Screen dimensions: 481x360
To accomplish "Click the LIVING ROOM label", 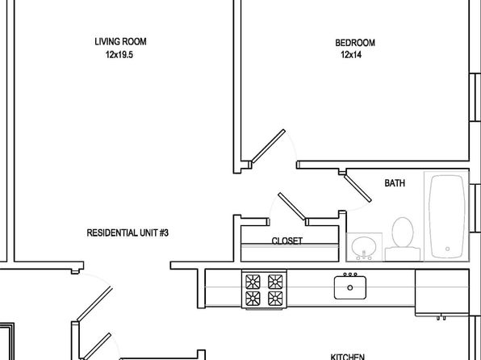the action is click(x=120, y=42).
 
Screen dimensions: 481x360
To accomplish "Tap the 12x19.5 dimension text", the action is click(x=119, y=55).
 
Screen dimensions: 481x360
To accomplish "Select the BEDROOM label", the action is click(x=355, y=43).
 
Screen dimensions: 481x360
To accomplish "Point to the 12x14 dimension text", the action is click(x=351, y=55).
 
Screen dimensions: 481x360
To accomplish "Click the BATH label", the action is click(x=395, y=183).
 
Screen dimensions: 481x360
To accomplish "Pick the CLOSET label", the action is click(x=287, y=241).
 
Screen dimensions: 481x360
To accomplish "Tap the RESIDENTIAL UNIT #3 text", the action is click(x=128, y=233).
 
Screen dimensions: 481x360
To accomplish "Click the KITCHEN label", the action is click(x=348, y=357).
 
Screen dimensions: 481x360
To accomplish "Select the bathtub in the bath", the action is click(x=447, y=216).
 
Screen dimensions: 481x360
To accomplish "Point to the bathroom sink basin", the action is click(x=364, y=246).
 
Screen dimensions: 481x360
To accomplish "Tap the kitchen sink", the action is click(x=350, y=287).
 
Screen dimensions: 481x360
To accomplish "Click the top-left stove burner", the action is click(x=253, y=282).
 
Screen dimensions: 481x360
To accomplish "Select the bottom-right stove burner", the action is click(x=275, y=299).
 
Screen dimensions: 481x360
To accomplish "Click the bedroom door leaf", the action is click(x=268, y=146).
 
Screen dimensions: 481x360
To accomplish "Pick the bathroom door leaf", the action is click(x=358, y=188).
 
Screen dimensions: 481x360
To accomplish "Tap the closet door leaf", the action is click(x=291, y=207).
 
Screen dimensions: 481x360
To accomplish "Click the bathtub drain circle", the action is click(x=448, y=249).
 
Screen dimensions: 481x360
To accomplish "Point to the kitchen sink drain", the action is click(x=350, y=287).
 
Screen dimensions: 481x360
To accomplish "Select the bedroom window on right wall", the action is click(x=475, y=98).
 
